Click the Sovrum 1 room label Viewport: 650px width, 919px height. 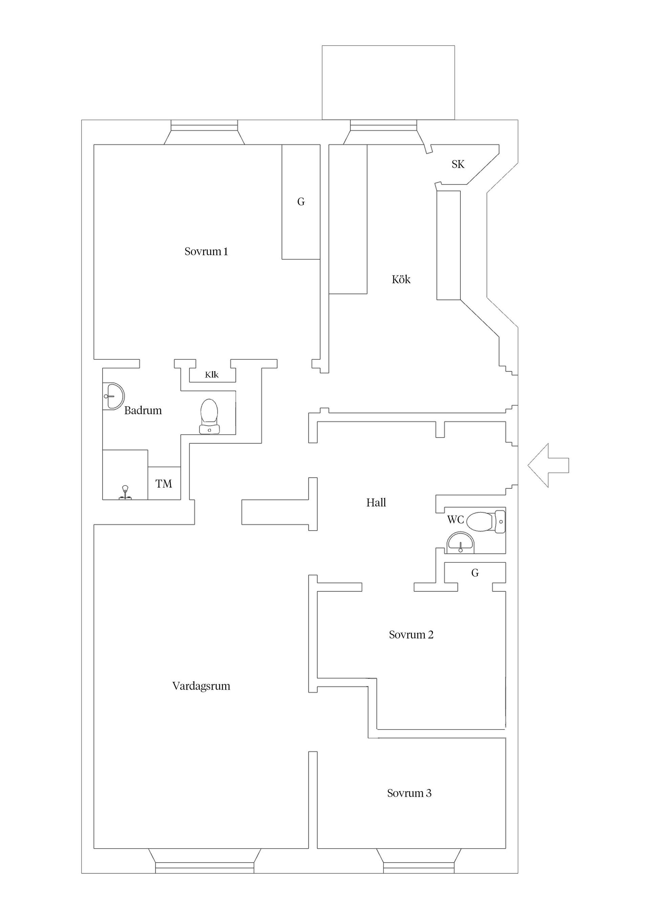click(206, 251)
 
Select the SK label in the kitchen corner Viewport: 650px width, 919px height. click(458, 164)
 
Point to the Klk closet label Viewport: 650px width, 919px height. click(212, 375)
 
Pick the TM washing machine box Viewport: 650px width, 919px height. click(164, 483)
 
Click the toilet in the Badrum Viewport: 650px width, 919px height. click(210, 416)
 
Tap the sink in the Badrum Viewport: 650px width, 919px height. click(113, 396)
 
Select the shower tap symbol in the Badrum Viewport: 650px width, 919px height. click(125, 492)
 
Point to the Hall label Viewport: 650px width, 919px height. click(376, 503)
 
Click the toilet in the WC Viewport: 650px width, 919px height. click(486, 521)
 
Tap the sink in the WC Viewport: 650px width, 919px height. click(460, 543)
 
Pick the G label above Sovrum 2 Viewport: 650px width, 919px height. click(475, 573)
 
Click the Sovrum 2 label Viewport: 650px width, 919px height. click(411, 634)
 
